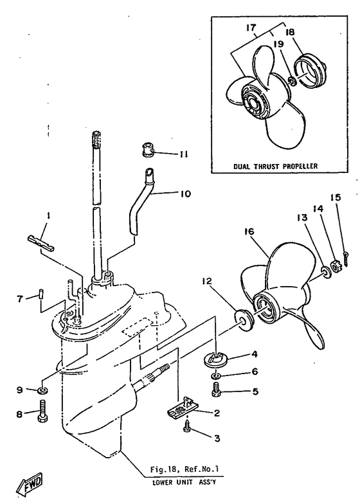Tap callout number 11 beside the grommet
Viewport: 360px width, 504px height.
(x=183, y=154)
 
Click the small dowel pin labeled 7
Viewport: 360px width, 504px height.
(x=41, y=294)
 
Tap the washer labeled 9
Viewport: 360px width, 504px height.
(x=42, y=391)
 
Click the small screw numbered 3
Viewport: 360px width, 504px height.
(x=187, y=428)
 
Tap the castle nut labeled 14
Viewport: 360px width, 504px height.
(x=336, y=266)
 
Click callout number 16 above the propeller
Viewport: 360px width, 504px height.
(x=248, y=231)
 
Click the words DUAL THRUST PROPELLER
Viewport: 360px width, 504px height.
(x=275, y=166)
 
